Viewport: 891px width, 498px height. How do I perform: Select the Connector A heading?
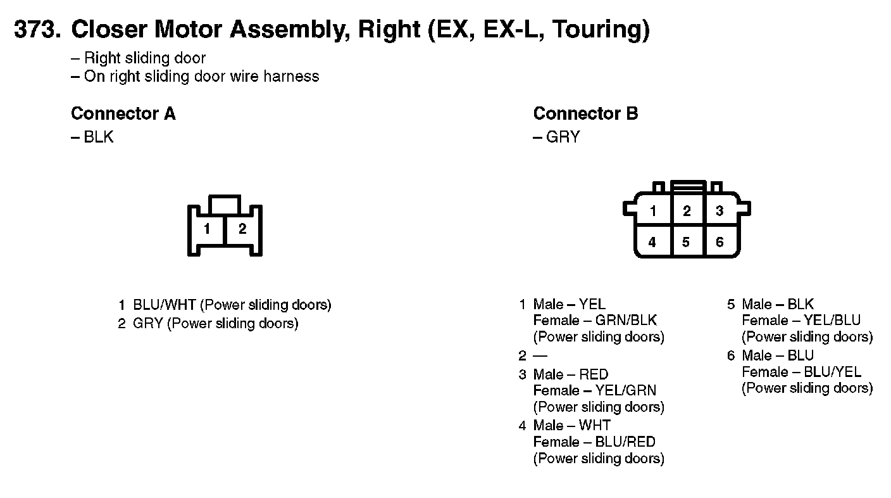tap(123, 114)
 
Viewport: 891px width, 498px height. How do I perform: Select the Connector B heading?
tap(585, 114)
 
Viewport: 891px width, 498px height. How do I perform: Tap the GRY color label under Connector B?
tap(563, 137)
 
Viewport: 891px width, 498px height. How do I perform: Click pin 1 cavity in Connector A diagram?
tap(207, 230)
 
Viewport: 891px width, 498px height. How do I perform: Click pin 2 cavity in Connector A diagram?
tap(242, 230)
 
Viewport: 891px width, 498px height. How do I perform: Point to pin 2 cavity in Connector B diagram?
tap(687, 212)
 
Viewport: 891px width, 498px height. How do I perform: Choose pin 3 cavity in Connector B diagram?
tap(720, 212)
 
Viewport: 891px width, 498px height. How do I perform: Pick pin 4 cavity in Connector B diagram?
tap(652, 242)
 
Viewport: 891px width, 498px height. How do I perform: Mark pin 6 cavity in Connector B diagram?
tap(720, 242)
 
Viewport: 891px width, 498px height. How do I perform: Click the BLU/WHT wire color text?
tap(165, 305)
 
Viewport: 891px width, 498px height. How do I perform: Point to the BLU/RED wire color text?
tap(625, 442)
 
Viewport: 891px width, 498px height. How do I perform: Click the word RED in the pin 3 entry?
tap(594, 374)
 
